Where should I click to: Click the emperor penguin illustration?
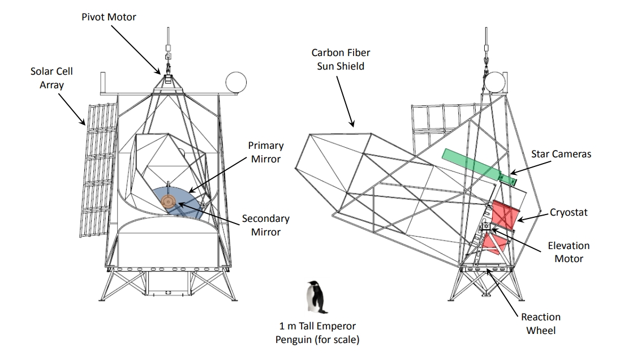click(x=316, y=297)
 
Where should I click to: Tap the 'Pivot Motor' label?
click(x=109, y=18)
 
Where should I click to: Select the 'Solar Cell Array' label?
click(x=52, y=78)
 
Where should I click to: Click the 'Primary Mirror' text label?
click(x=265, y=152)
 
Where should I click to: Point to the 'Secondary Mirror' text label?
click(x=265, y=225)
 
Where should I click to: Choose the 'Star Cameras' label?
click(x=561, y=153)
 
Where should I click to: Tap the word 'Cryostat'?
click(x=569, y=212)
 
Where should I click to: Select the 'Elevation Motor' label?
click(x=569, y=252)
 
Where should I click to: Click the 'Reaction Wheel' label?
click(x=541, y=323)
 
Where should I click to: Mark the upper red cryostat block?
click(x=503, y=215)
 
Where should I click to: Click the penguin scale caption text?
click(x=317, y=333)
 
